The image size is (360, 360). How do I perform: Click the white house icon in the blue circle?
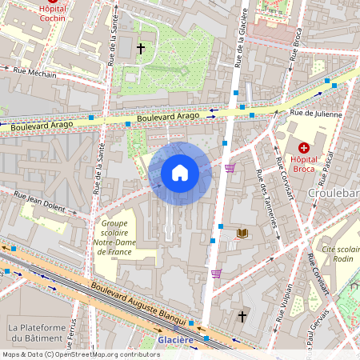tap(180, 172)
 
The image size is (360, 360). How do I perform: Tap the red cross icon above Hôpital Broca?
tap(304, 147)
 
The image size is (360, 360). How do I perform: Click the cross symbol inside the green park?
tap(141, 50)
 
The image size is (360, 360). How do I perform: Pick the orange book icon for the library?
tap(242, 233)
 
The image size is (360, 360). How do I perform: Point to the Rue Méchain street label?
tap(35, 72)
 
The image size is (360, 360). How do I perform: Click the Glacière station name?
tap(175, 340)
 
